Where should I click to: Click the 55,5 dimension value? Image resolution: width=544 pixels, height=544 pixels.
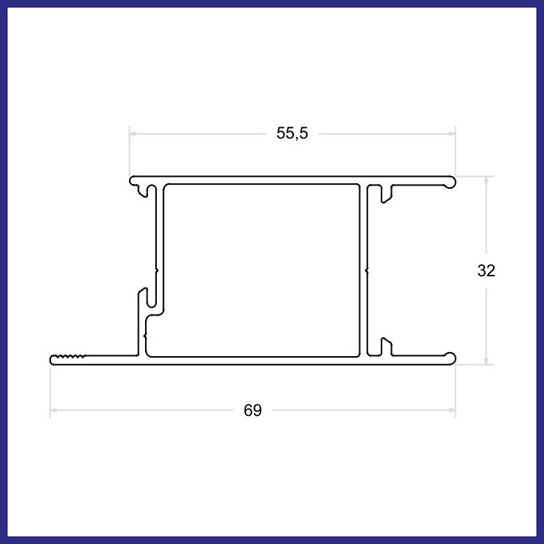click(292, 133)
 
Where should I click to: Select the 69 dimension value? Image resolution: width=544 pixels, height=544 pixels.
click(252, 410)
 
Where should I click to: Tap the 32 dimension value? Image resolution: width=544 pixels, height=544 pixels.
click(486, 271)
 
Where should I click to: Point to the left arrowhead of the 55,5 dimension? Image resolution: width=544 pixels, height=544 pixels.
click(132, 134)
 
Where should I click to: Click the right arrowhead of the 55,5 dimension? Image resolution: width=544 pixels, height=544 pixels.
click(452, 134)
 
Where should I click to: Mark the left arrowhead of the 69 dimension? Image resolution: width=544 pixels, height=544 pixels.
click(53, 410)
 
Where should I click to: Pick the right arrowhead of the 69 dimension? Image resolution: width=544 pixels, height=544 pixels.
click(452, 410)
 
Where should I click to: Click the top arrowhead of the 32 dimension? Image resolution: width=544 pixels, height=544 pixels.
click(486, 179)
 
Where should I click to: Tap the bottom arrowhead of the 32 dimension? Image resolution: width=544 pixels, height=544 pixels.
click(486, 361)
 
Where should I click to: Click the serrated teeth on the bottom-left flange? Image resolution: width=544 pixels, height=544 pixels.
click(68, 356)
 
